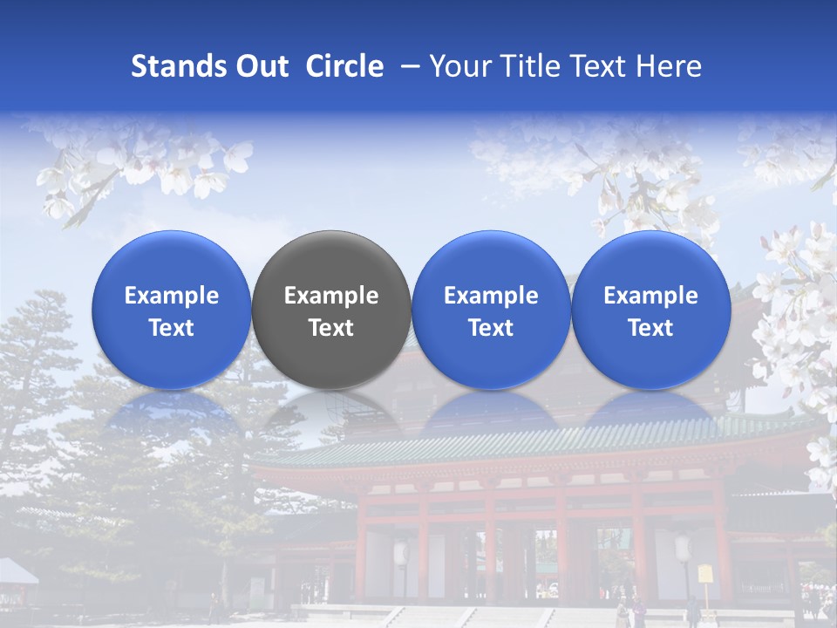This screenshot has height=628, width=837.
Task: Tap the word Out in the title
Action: (260, 66)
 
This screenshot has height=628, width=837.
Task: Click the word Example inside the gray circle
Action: (331, 296)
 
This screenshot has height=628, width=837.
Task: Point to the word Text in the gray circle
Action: (331, 328)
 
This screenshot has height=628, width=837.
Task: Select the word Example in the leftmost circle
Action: (172, 296)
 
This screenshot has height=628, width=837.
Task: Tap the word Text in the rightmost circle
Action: (650, 328)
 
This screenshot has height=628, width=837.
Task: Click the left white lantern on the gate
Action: (402, 552)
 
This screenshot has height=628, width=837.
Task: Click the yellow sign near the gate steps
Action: (704, 573)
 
